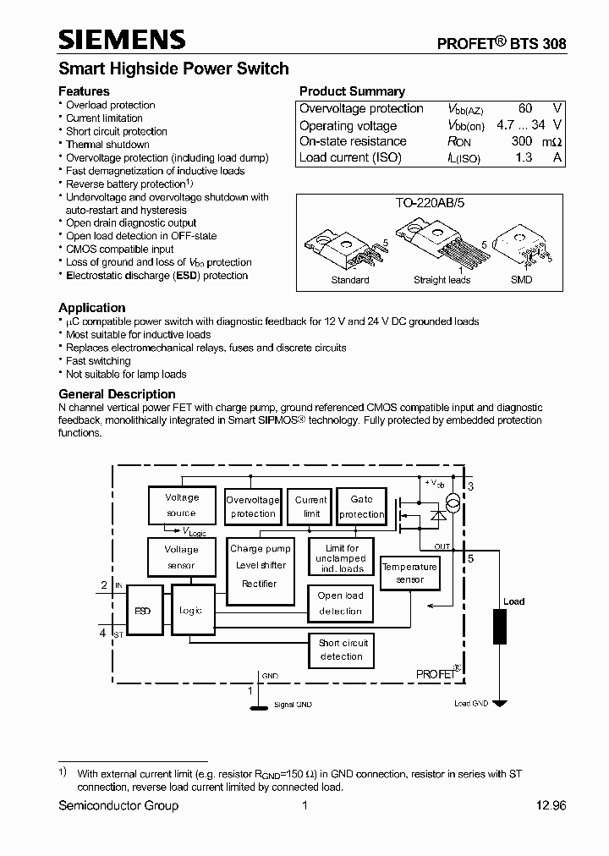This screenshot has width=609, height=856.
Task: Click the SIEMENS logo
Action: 122,40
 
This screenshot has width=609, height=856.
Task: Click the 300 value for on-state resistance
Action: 522,141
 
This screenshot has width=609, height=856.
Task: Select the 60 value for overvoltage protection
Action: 525,108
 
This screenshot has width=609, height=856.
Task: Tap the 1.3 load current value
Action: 524,157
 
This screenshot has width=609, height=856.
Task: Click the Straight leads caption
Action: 442,280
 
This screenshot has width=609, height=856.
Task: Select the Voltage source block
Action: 181,505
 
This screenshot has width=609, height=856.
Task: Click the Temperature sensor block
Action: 409,573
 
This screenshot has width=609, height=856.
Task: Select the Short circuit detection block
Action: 342,650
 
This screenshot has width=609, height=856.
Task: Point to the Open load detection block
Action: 341,603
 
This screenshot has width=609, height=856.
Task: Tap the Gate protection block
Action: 361,507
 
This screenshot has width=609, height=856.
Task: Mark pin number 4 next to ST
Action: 102,632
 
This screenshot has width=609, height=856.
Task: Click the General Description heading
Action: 117,394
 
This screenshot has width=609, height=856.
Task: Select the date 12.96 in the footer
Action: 550,805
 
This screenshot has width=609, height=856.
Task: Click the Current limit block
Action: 311,507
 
